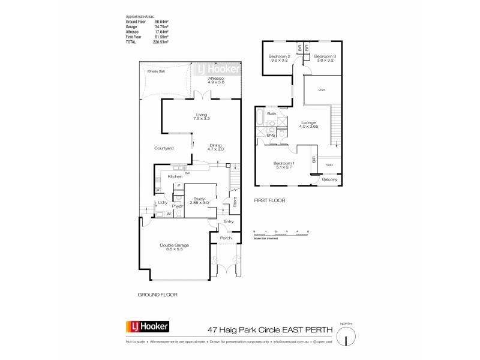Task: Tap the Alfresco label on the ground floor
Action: click(x=216, y=79)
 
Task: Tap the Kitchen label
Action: click(x=175, y=176)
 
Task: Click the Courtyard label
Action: click(x=164, y=148)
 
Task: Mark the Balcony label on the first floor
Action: click(x=330, y=179)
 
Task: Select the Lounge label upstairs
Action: click(x=308, y=122)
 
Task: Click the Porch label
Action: click(x=226, y=238)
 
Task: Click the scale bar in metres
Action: click(x=281, y=235)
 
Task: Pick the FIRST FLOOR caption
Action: click(x=269, y=200)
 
